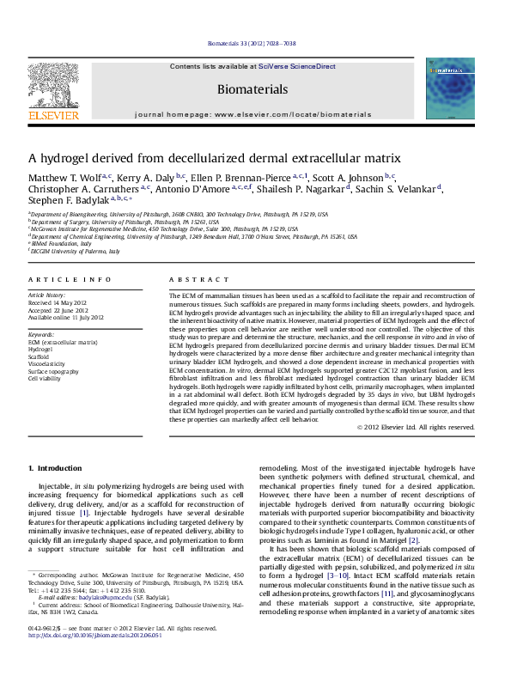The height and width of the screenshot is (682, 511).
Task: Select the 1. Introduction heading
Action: [x=55, y=468]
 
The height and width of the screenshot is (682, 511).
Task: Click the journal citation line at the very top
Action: [x=254, y=44]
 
